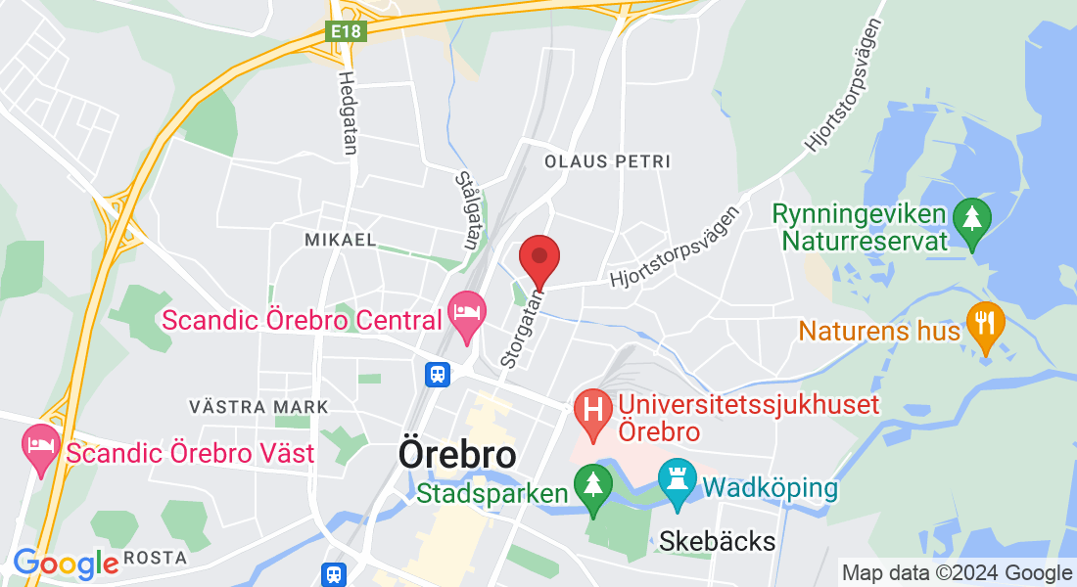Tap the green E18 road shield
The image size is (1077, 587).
[x=346, y=32]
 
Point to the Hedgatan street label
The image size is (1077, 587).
[x=347, y=113]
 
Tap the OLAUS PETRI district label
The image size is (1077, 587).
[x=607, y=159]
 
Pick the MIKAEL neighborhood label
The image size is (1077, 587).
[x=340, y=240]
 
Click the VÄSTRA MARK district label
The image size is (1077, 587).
[x=258, y=406]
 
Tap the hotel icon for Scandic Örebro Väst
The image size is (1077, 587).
[x=40, y=447]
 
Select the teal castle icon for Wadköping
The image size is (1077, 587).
[x=678, y=482]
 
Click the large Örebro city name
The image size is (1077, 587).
[x=457, y=455]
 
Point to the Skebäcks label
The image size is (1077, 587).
[x=717, y=541]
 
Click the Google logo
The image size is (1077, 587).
[x=65, y=564]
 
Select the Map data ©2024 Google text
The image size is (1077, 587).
[x=957, y=573]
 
